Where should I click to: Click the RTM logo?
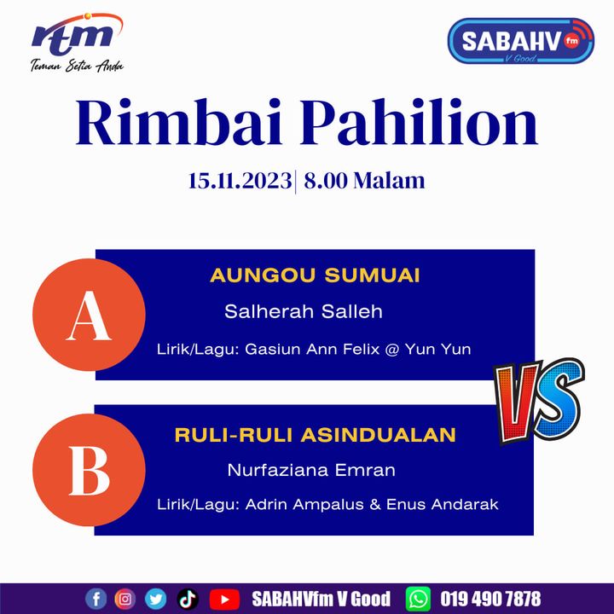77,43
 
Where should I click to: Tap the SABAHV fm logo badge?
520,41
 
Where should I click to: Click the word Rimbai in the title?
178,122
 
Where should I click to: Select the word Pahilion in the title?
419,122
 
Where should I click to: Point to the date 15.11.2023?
240,181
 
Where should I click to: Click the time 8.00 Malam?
364,181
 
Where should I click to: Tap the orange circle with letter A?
89,315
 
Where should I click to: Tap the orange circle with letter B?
89,470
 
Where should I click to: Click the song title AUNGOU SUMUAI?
315,275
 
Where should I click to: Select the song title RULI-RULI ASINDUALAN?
316,435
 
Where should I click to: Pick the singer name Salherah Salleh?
304,312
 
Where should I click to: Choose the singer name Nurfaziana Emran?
311,470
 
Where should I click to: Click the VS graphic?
539,401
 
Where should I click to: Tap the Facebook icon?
96,599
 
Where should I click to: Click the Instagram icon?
125,599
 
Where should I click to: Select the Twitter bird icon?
155,599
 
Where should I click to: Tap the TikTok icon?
188,599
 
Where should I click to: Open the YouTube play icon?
224,600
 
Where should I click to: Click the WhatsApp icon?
418,599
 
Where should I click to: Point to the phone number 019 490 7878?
490,600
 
